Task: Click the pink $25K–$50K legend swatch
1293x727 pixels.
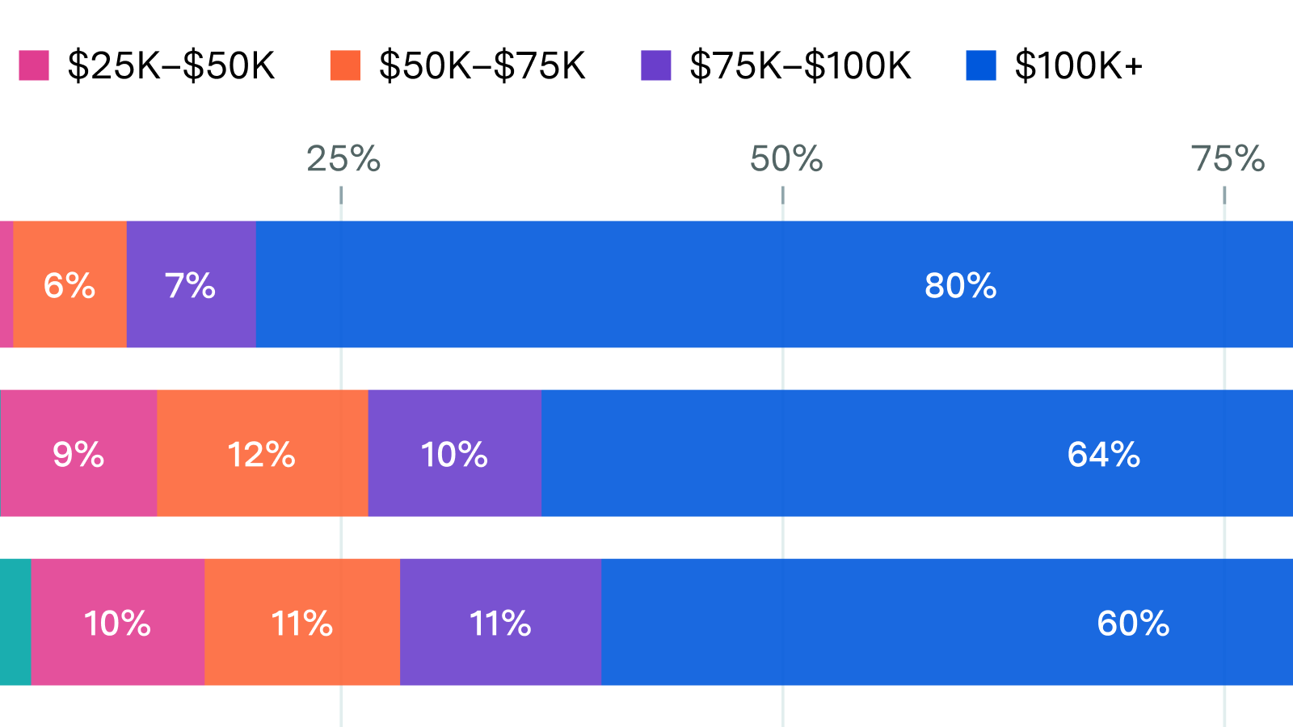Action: pos(34,65)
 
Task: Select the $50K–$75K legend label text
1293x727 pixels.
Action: pos(482,65)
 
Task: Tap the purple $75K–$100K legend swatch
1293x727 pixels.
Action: pos(655,65)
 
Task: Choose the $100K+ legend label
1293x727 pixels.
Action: pos(1078,65)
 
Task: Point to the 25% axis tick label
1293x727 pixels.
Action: pos(343,159)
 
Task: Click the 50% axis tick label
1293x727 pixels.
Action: pos(785,159)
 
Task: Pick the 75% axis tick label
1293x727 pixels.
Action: pos(1227,159)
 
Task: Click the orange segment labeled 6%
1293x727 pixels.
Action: pos(69,284)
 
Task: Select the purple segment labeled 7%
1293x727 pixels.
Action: pos(191,284)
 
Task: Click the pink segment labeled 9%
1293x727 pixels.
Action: pos(78,454)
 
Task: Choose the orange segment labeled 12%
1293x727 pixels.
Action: pos(262,454)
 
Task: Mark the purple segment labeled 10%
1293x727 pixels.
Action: pos(454,454)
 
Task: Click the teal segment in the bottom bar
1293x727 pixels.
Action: pos(15,622)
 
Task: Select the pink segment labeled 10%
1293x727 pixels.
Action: pos(117,623)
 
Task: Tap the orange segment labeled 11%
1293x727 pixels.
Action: pos(301,623)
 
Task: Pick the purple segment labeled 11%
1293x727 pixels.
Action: pos(500,623)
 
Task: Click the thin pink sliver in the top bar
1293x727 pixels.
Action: pos(6,284)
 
